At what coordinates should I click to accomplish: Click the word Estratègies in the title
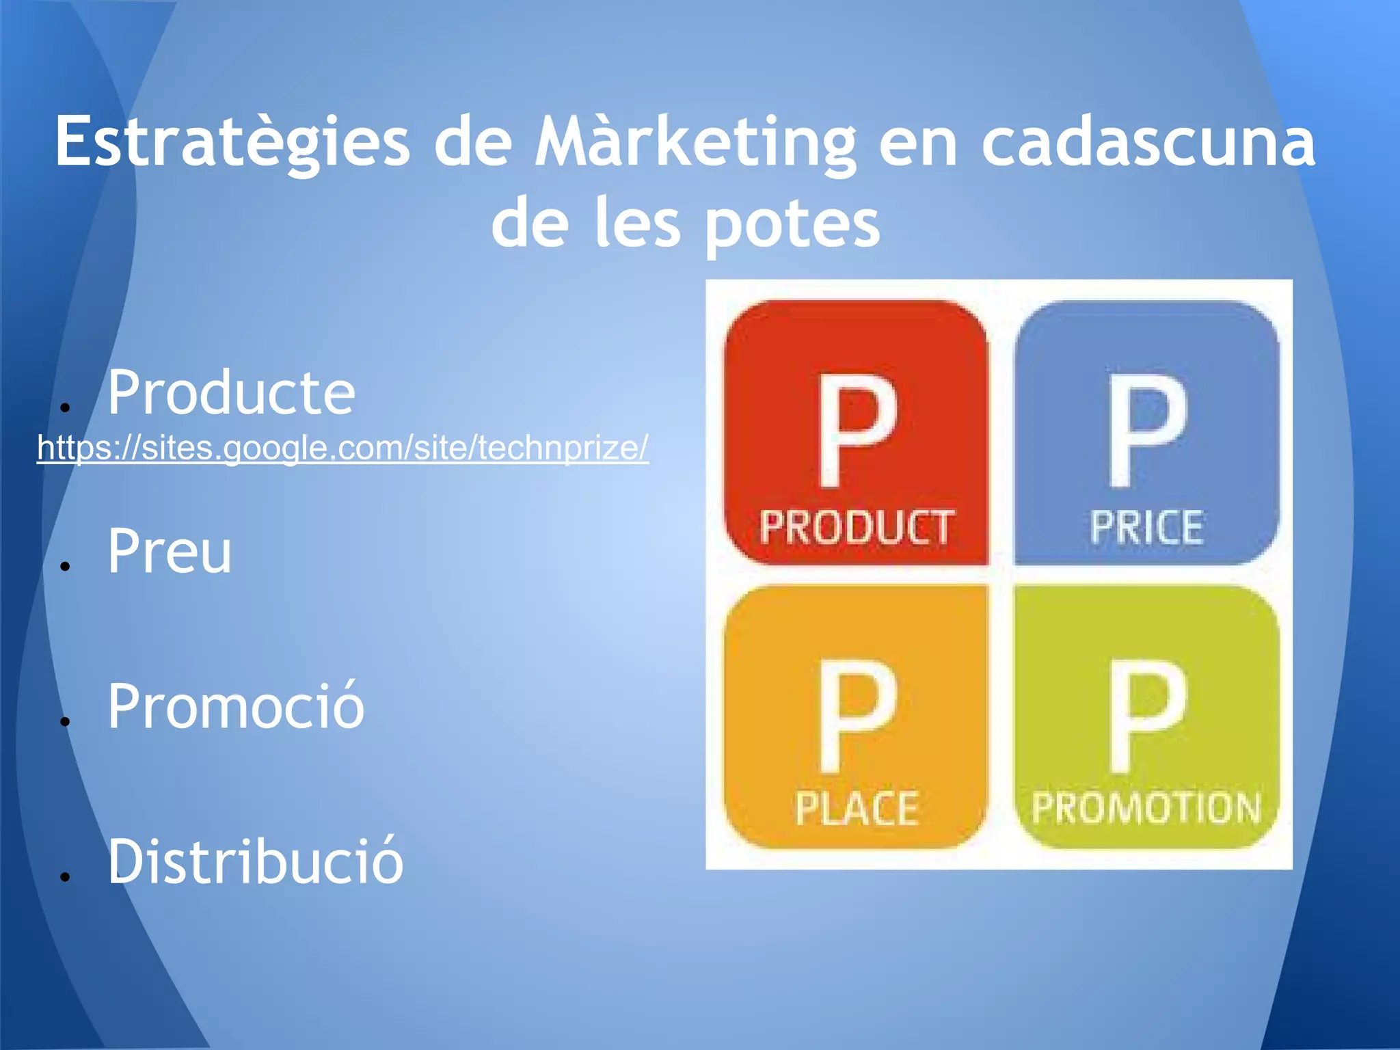click(x=232, y=142)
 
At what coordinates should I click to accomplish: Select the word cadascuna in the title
click(x=1148, y=142)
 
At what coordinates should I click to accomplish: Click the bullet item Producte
click(x=231, y=392)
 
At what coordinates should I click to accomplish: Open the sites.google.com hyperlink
click(x=342, y=448)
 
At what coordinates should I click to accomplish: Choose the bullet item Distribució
click(x=256, y=861)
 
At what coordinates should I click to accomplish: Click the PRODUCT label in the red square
click(x=857, y=528)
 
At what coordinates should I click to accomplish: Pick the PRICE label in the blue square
click(x=1146, y=528)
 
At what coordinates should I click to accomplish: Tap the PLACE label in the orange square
click(x=857, y=809)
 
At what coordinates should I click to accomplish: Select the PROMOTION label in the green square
click(x=1146, y=808)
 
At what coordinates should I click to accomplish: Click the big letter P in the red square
click(x=857, y=431)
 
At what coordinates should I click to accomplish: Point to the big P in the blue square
click(x=1146, y=431)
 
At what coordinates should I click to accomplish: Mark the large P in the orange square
click(x=857, y=715)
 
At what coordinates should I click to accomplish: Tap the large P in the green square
click(x=1146, y=715)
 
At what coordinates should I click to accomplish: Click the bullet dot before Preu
click(x=66, y=566)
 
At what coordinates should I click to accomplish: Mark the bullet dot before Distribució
click(x=66, y=876)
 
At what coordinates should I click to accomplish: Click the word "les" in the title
click(x=637, y=223)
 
